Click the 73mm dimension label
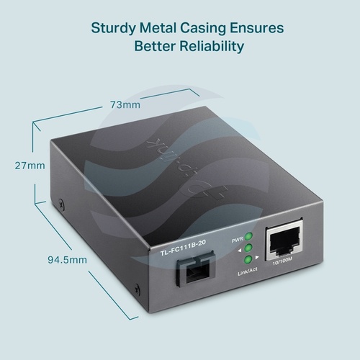coord(125,105)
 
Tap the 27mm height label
coord(30,166)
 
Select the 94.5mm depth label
coord(67,260)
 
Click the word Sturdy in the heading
coord(113,28)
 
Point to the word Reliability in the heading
coord(212,46)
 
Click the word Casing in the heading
coord(203,28)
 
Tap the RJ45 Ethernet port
coord(284,240)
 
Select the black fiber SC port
coord(195,269)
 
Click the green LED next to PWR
coord(248,236)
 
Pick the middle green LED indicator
coord(248,248)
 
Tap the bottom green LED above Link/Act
coord(248,259)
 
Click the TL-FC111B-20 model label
coord(183,247)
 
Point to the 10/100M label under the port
coord(282,261)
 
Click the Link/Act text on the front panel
coord(248,272)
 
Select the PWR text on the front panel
coord(237,240)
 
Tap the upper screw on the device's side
coord(61,204)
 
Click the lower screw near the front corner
coord(137,289)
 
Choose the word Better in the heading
coord(155,46)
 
